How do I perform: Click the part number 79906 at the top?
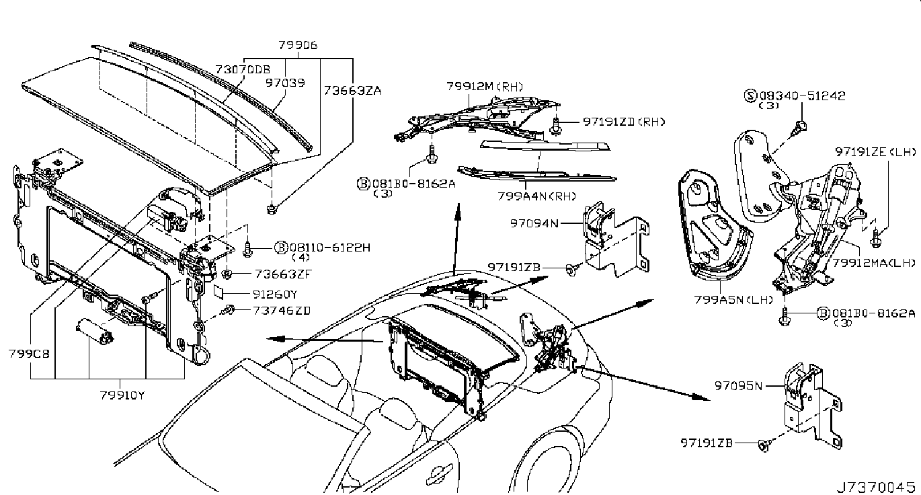tap(298, 46)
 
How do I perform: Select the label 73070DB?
tap(243, 69)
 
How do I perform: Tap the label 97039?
tap(284, 83)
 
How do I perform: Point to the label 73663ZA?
tap(352, 90)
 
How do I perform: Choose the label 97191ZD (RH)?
tap(623, 122)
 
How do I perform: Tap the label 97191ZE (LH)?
tap(875, 152)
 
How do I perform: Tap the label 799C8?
tap(24, 352)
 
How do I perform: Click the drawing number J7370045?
tap(876, 486)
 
